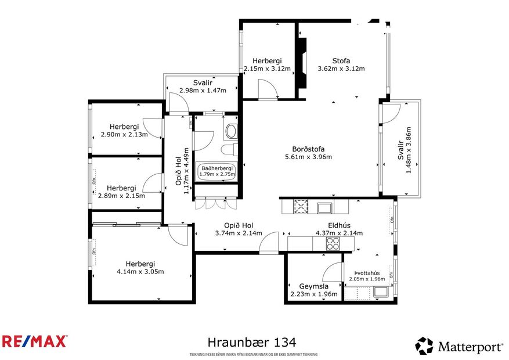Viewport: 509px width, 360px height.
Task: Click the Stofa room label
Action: pos(341,60)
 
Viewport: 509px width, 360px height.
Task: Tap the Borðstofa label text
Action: pos(308,149)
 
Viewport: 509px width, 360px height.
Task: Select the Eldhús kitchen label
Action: pos(339,225)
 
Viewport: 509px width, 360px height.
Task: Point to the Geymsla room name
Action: pos(314,286)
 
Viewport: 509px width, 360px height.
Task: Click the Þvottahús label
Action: pos(367,273)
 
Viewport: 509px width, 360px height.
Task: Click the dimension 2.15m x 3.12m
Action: pos(267,69)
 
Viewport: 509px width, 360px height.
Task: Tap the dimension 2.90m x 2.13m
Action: pos(124,135)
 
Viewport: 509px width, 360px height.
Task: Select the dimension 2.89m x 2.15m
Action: pos(122,196)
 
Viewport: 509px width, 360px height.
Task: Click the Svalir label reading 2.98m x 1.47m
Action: pos(202,90)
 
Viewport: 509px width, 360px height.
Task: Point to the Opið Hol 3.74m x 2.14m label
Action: pos(238,233)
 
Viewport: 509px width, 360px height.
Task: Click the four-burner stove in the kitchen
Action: pos(333,243)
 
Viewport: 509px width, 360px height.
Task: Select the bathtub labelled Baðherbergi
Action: pos(216,171)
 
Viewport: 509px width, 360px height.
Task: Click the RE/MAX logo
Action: pos(35,341)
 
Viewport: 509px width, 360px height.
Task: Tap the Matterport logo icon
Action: pos(424,346)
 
